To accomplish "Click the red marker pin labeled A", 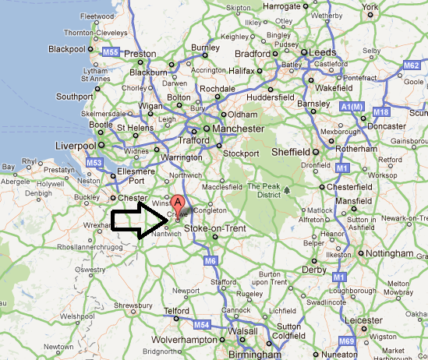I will [179, 206].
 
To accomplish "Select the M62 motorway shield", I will [411, 65].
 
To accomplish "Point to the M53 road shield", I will [94, 163].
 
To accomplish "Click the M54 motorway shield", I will [202, 324].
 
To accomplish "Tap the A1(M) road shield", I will [353, 106].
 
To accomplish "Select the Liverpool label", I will [75, 146].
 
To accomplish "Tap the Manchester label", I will [239, 129].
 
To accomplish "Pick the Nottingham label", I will [391, 254].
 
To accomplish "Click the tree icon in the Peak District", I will [288, 189].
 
